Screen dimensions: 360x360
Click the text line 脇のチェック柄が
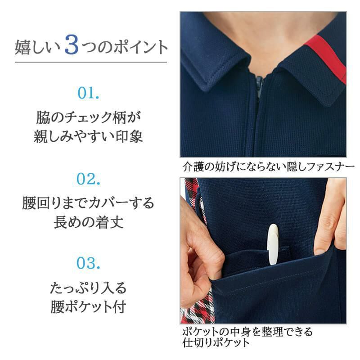tap(89, 118)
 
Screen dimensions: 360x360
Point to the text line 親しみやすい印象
tap(89, 136)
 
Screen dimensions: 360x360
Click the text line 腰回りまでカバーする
tap(89, 203)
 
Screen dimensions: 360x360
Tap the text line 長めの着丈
tap(89, 221)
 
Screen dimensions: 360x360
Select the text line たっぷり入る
tap(89, 287)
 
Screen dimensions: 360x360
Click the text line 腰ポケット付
tap(89, 306)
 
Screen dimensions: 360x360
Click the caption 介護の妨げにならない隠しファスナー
tap(266, 166)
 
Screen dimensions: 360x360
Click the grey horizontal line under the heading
tap(90, 62)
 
